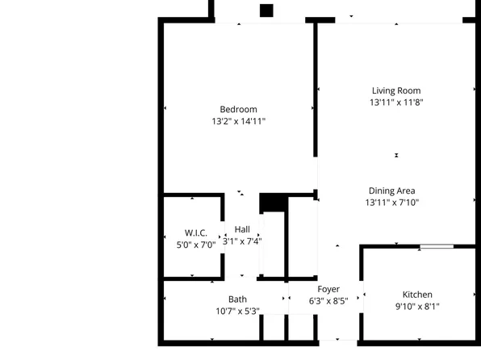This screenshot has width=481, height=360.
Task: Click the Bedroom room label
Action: (x=238, y=110)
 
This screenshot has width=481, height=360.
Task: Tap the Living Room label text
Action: (x=396, y=91)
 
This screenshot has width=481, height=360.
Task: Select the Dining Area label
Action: (x=392, y=191)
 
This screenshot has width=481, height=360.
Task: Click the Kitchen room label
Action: (x=417, y=295)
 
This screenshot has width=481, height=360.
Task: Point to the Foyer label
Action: (x=328, y=289)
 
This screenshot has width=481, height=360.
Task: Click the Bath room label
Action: (x=237, y=299)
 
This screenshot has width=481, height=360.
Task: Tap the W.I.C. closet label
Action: (x=196, y=232)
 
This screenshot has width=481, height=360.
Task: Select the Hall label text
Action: (x=242, y=229)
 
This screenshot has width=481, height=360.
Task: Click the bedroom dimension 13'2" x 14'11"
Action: (x=238, y=121)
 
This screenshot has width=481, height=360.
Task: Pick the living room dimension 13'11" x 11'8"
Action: (x=396, y=103)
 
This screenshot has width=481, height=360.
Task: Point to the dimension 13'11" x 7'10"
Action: (x=392, y=203)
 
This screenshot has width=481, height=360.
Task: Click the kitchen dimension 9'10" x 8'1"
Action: (x=417, y=306)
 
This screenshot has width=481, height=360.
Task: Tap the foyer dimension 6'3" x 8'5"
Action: (x=328, y=300)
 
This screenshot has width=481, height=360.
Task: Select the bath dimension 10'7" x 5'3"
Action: (x=237, y=311)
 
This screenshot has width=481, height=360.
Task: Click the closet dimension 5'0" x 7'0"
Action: (x=196, y=244)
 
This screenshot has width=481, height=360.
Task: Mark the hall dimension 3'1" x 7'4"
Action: (x=242, y=241)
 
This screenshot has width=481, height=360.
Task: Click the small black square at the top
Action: (x=266, y=10)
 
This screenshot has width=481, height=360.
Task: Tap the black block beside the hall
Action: (x=272, y=203)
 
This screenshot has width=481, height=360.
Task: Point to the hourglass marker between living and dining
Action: (x=396, y=155)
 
